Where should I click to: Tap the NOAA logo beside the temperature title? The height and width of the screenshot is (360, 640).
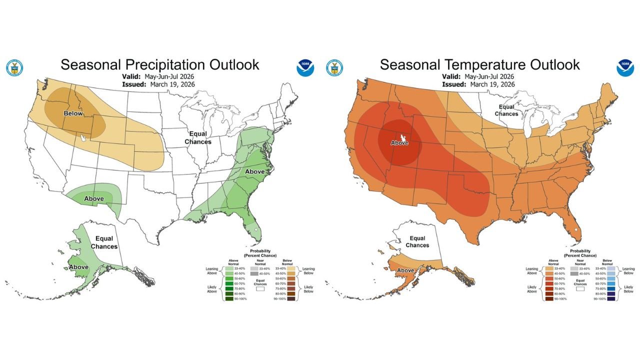[624, 68]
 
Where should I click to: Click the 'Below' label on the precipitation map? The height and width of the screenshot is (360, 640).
[73, 113]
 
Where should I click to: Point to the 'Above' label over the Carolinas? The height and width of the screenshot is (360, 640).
[254, 171]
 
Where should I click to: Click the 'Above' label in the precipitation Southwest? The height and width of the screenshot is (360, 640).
[93, 198]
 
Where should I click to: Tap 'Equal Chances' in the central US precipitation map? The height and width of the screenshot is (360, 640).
[198, 138]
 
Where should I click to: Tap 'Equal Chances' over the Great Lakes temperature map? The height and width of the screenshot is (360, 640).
[506, 110]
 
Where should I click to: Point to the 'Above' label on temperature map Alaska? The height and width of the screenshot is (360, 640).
[405, 270]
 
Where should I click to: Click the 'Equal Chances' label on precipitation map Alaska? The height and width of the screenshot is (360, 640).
[104, 242]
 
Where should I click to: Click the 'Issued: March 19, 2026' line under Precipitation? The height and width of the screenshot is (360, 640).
[158, 84]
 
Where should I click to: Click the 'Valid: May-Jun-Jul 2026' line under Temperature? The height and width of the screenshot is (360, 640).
[478, 76]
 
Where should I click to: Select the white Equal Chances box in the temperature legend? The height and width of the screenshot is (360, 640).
[579, 288]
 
